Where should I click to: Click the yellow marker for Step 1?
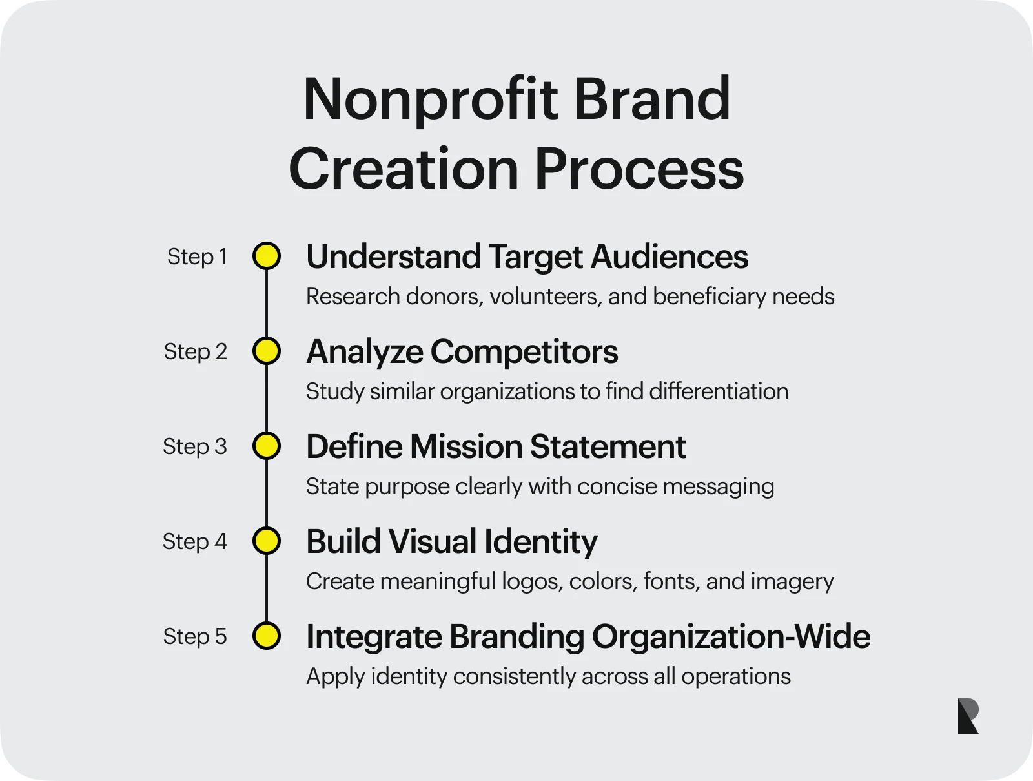[267, 256]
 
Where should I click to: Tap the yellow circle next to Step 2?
[267, 351]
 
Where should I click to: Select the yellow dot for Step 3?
[267, 446]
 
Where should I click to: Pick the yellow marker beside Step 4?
[267, 541]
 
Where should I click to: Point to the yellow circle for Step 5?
[267, 636]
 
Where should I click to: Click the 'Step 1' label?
[197, 256]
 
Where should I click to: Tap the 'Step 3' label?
[195, 446]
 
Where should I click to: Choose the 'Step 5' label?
[195, 636]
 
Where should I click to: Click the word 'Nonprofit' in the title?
[430, 99]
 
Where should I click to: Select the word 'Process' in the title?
[639, 169]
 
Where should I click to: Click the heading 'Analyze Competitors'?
[462, 352]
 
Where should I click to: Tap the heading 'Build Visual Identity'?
[451, 542]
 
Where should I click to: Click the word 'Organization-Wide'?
[731, 637]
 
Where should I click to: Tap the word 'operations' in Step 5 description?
[735, 676]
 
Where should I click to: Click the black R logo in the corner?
[968, 716]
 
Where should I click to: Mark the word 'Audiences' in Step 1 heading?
[670, 257]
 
